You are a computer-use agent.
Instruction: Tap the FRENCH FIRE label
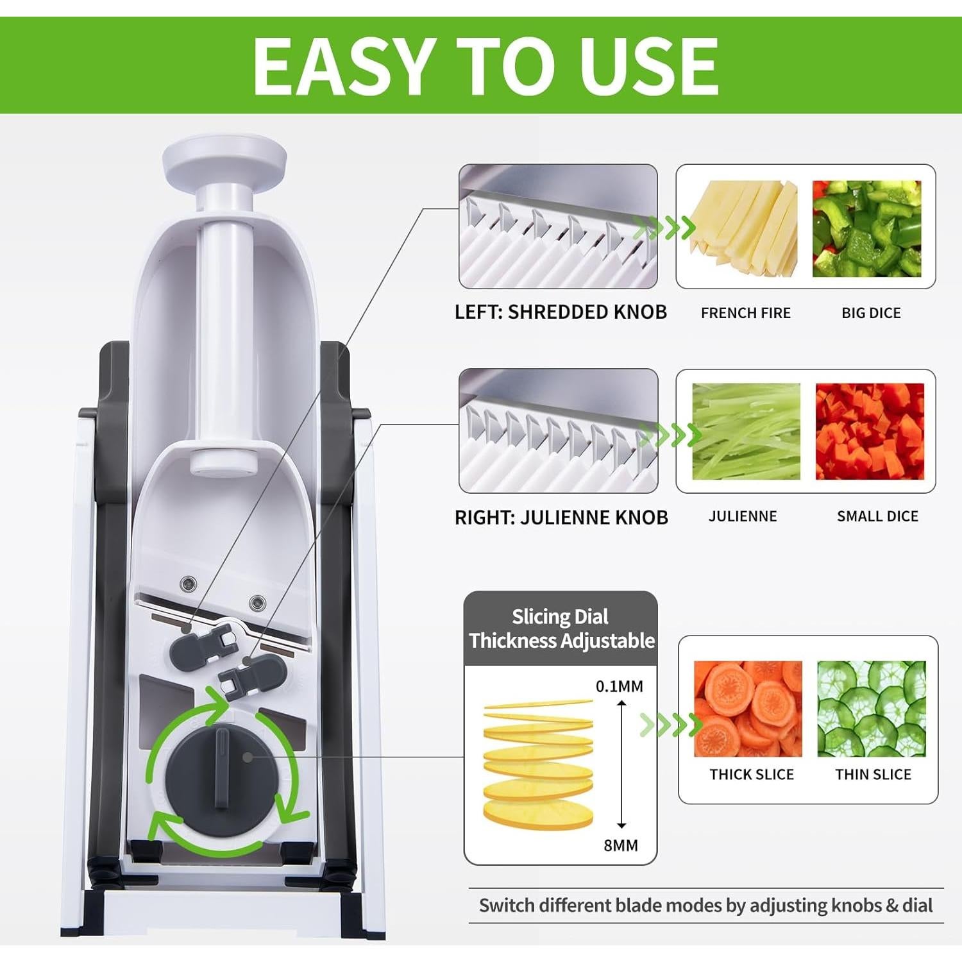coord(745,313)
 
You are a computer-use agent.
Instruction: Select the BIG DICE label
coord(871,313)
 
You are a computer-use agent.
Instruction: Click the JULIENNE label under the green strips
coord(742,516)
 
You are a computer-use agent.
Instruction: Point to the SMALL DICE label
coord(877,516)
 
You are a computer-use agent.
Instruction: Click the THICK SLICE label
coord(752,774)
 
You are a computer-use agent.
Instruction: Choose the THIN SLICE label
coord(873,774)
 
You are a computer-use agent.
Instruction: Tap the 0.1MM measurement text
coord(619,686)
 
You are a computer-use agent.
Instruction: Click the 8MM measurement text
coord(620,845)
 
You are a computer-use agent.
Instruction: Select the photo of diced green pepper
coord(866,229)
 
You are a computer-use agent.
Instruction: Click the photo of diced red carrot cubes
coord(870,431)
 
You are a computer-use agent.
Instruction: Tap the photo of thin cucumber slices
coord(872,709)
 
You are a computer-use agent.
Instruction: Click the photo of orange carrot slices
coord(748,709)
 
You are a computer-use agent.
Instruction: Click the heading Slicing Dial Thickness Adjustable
coord(561,629)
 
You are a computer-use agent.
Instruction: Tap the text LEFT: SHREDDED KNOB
coord(561,312)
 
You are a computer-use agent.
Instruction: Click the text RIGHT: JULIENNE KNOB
coord(561,517)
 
